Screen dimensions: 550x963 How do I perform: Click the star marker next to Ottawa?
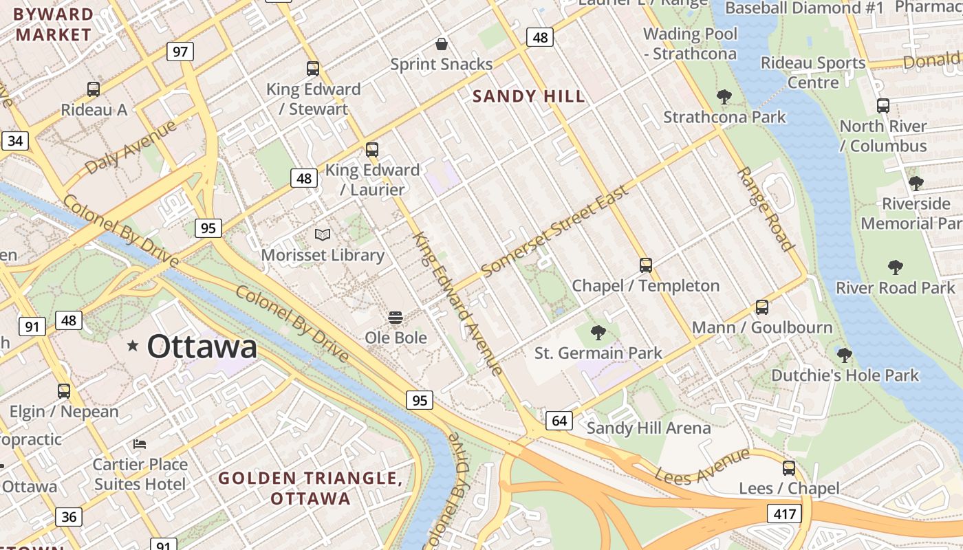click(133, 346)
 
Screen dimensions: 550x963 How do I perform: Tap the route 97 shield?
click(180, 52)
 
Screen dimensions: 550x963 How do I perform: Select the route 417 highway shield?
click(784, 514)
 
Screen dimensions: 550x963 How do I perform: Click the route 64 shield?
click(559, 420)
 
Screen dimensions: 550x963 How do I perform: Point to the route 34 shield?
click(15, 141)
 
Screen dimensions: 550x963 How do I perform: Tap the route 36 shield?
click(69, 516)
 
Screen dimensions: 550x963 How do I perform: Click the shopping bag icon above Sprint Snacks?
click(442, 45)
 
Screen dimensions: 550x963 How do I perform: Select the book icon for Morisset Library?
click(323, 235)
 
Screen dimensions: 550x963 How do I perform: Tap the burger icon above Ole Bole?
click(396, 318)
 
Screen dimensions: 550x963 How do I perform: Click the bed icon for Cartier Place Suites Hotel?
click(140, 444)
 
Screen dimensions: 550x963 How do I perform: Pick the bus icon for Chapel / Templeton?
click(645, 265)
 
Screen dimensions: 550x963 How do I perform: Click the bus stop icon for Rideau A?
click(94, 89)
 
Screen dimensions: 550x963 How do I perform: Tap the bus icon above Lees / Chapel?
click(789, 468)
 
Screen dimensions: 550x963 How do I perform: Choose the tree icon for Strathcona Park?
click(724, 97)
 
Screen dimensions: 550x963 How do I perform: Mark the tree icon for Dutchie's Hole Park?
click(845, 355)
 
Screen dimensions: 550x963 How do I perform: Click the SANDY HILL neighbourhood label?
click(529, 96)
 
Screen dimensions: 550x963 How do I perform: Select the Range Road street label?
click(766, 208)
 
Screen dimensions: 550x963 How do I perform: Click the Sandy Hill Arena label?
click(648, 428)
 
